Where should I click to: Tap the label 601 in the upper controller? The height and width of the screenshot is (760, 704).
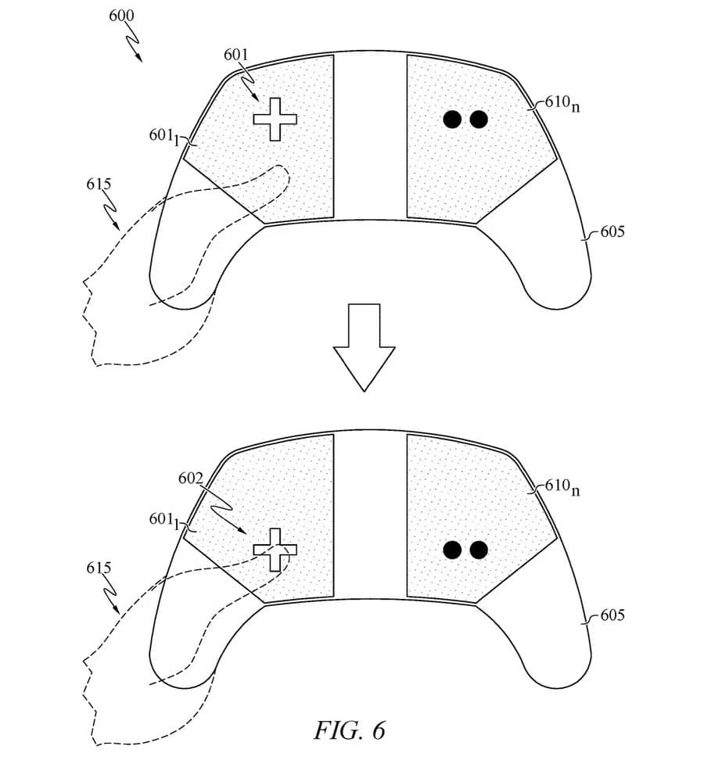coord(235,56)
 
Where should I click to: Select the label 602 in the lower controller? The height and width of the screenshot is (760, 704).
coord(191,479)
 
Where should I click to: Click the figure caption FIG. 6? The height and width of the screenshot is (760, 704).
coord(350,730)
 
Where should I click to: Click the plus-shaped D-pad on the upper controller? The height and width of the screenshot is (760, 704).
coord(275,119)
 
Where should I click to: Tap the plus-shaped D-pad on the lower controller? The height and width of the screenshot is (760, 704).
coord(275,550)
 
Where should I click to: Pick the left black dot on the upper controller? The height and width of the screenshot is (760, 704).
coord(452,120)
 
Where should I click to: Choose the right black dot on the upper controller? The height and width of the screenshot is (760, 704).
coord(479,120)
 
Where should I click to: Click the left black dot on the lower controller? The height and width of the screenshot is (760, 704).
coord(452,550)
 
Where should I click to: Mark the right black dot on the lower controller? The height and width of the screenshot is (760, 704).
coord(479,550)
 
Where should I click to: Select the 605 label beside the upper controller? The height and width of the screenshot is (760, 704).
coord(612,232)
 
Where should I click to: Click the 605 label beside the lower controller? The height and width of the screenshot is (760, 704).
coord(612,615)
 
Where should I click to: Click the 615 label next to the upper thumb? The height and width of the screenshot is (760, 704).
coord(99,185)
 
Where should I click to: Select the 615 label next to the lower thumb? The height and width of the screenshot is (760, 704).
coord(99,568)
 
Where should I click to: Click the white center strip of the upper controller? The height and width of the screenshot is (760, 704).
coord(370,137)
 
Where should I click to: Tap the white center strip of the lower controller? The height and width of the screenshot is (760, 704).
coord(370,516)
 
